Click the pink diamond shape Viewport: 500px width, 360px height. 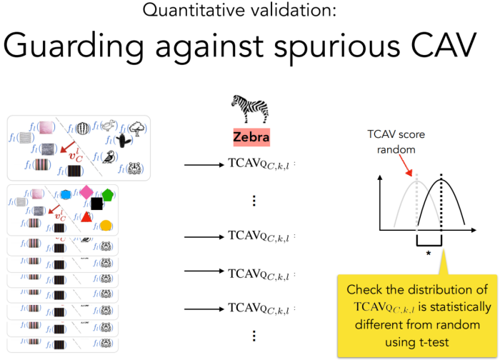point(86,191)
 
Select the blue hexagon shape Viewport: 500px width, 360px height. point(66,194)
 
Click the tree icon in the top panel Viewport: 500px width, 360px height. point(135,128)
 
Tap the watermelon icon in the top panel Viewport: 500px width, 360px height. point(82,126)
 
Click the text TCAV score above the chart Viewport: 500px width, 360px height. point(391,134)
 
